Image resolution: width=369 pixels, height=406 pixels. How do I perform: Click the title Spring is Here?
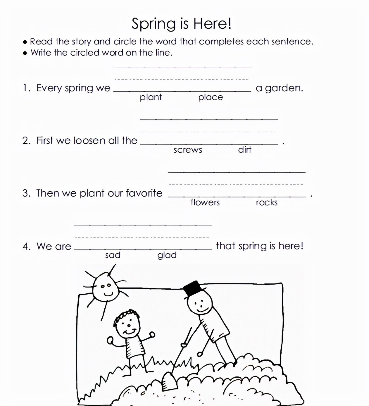point(181,23)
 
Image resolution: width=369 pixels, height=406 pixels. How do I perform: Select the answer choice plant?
point(151,97)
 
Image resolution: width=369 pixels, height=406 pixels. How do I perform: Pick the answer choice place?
point(211,97)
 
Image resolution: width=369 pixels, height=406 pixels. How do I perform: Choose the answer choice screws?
point(188,150)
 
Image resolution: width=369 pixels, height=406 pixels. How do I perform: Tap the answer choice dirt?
point(244,150)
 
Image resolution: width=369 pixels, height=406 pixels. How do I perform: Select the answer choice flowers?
point(205,202)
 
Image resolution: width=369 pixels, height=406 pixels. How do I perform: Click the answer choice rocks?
point(266,202)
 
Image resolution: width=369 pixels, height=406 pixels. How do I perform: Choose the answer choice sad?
point(113,255)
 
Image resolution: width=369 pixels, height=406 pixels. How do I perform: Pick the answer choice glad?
point(167,255)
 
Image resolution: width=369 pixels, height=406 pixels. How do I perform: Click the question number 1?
point(26,88)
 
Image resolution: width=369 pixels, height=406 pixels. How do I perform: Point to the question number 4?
point(26,246)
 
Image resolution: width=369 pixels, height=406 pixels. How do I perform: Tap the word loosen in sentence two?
point(89,141)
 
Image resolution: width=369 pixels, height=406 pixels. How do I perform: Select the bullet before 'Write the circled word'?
point(25,53)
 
